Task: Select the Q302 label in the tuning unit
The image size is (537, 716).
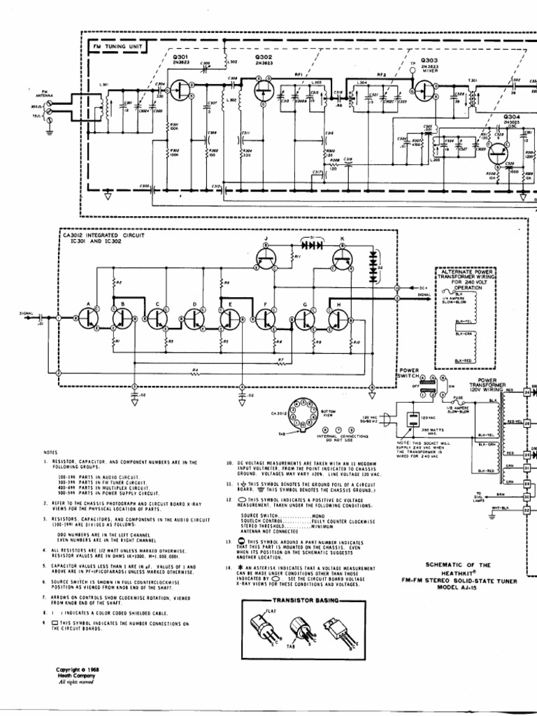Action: click(x=264, y=58)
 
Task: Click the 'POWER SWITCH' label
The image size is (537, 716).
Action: click(x=408, y=373)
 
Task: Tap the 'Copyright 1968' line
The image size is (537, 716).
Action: click(x=78, y=669)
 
